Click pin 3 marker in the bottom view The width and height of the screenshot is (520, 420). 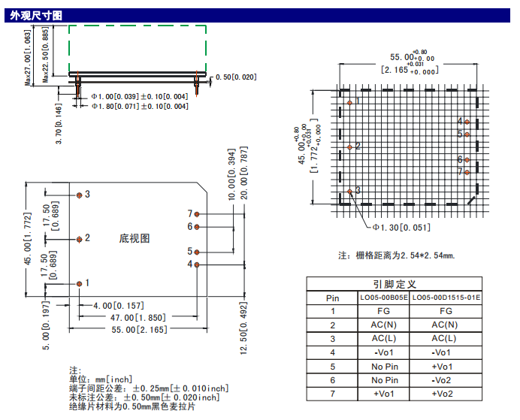[80, 195]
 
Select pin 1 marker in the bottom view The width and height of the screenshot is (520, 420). [80, 283]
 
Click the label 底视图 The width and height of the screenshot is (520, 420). [135, 238]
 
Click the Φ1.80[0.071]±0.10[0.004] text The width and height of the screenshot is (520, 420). [139, 107]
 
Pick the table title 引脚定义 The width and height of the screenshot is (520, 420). [395, 285]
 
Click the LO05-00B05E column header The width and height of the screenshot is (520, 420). [383, 298]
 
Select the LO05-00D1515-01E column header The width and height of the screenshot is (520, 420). [446, 298]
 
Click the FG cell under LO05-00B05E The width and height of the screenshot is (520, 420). [383, 311]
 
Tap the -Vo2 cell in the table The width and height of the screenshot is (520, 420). [446, 380]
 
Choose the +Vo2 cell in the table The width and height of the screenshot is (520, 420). [446, 394]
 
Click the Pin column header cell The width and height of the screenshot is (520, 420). [333, 298]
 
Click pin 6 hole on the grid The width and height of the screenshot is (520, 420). [467, 160]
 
